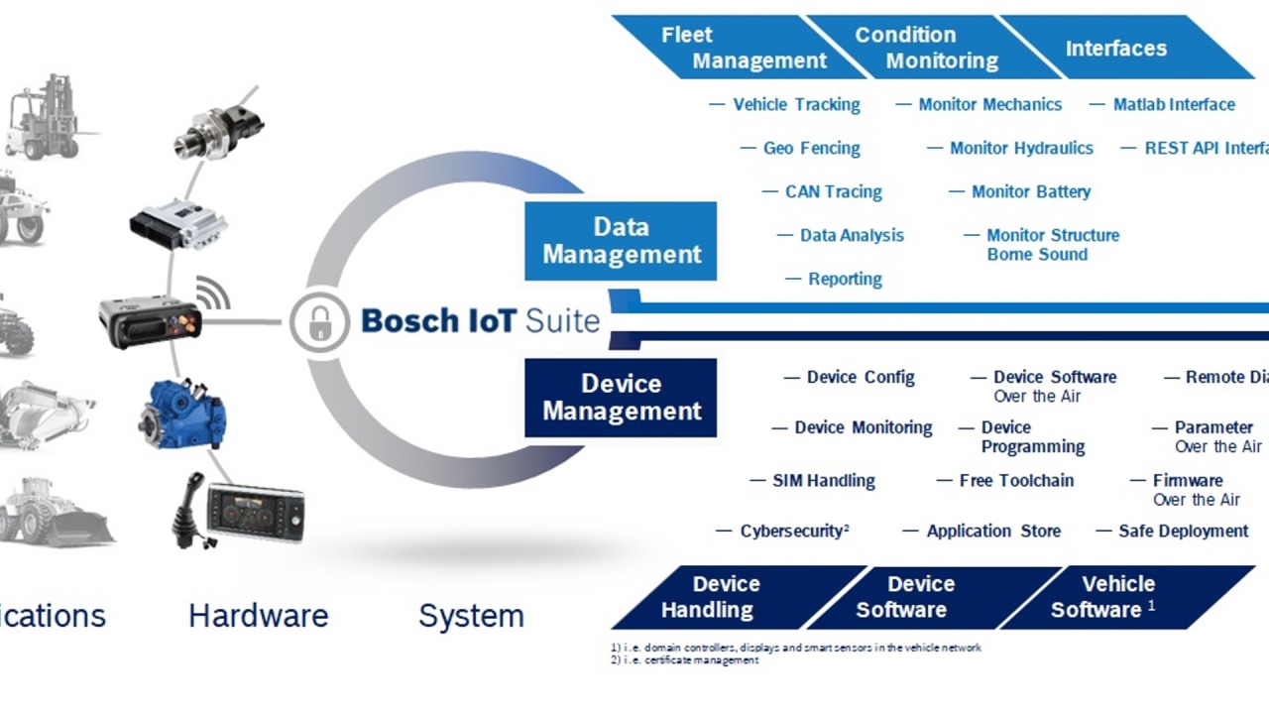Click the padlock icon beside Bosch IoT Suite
(319, 321)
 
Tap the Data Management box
(621, 241)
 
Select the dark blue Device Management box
(621, 398)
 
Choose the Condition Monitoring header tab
(928, 48)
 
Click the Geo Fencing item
(811, 149)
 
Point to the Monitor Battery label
(1030, 192)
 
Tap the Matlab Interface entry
(1173, 105)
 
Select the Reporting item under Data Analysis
(844, 280)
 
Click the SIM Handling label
(823, 481)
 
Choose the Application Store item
(992, 532)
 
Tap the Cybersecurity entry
(793, 532)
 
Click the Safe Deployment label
(1183, 532)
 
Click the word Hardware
(258, 616)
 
